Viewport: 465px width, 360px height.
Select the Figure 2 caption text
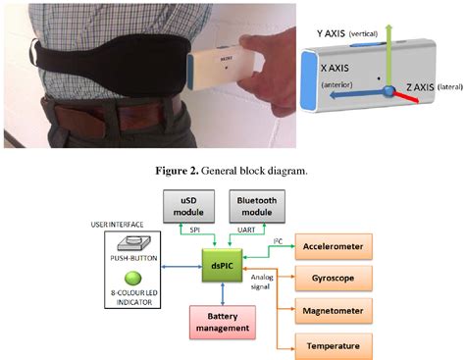click(232, 168)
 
